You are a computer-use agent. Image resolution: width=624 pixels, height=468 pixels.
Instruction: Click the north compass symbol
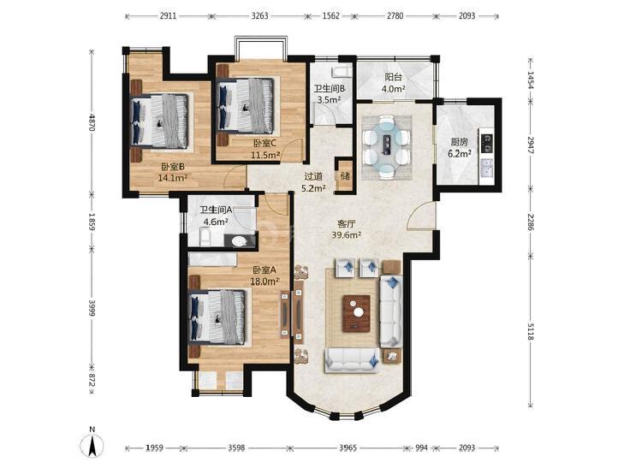point(92,442)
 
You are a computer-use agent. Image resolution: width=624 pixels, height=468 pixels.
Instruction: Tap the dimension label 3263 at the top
point(260,16)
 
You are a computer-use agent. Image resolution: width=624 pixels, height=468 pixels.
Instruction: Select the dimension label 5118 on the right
point(530,331)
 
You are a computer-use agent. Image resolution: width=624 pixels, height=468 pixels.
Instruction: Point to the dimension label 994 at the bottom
point(421,447)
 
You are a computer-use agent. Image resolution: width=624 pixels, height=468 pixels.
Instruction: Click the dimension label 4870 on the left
point(92,122)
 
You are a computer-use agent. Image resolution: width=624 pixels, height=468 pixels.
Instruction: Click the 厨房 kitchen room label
point(459,142)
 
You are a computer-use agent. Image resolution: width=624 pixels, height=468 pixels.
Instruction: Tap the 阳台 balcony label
point(393,77)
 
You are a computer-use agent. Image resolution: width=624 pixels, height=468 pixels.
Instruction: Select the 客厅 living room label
point(346,223)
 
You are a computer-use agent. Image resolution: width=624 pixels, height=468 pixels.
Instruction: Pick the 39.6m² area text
point(347,235)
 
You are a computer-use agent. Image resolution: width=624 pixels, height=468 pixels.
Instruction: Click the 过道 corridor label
point(313,175)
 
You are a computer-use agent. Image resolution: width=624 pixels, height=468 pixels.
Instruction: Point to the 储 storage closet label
point(345,175)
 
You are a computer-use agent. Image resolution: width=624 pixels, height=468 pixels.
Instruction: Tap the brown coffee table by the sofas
point(357,313)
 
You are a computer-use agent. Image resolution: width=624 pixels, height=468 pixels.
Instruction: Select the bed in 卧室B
point(159,121)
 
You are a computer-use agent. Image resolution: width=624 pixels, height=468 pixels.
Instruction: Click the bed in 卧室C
point(245,105)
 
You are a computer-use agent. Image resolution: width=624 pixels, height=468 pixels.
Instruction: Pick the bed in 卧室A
point(217,317)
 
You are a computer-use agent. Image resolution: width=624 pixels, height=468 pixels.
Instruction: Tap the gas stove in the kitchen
point(487,143)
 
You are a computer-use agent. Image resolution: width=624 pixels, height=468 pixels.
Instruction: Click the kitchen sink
point(486,168)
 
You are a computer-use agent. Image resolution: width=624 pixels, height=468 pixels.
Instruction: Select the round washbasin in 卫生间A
point(239,241)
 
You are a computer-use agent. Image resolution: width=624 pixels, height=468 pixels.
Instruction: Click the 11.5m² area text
point(265,155)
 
